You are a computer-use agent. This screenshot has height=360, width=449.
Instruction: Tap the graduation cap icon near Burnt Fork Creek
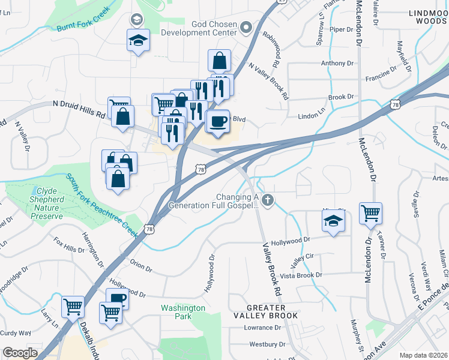(x=138, y=41)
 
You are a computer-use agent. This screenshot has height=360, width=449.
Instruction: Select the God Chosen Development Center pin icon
(x=246, y=27)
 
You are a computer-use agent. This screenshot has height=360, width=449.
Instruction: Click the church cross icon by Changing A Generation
(x=268, y=200)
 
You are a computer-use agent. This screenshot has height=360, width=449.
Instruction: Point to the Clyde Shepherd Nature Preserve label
(x=38, y=205)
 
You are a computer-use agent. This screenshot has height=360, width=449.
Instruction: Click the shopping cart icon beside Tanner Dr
(x=371, y=212)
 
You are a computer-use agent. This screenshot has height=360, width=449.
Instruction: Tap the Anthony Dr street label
(x=337, y=63)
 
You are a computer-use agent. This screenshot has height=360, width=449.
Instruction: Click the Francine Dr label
(x=382, y=77)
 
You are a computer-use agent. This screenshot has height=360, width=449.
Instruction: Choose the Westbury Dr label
(x=268, y=344)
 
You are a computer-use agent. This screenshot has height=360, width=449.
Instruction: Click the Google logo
(x=20, y=353)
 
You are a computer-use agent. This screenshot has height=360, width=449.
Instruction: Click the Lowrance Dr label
(x=262, y=328)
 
